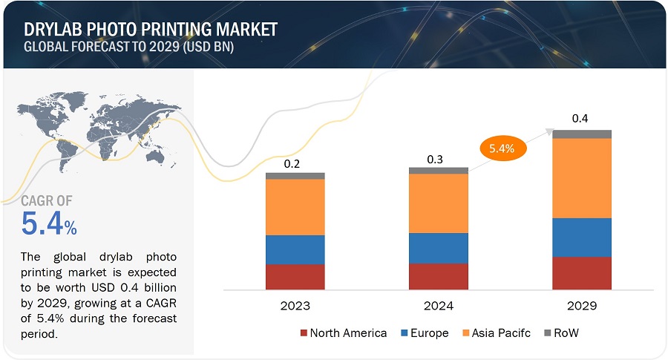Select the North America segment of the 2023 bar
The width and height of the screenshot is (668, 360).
[x=295, y=276]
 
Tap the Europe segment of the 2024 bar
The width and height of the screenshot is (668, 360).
[x=439, y=248]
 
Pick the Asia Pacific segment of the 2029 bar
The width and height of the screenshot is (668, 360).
[x=582, y=178]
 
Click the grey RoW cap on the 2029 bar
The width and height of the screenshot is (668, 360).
[x=582, y=134]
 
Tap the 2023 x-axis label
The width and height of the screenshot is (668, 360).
[x=295, y=306]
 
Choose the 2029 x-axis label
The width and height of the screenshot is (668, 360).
[x=582, y=306]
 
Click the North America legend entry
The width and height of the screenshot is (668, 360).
[x=343, y=333]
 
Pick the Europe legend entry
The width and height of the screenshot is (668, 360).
[x=424, y=333]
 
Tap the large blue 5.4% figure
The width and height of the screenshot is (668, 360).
[x=49, y=224]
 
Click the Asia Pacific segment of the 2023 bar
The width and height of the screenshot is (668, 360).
[x=295, y=206]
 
